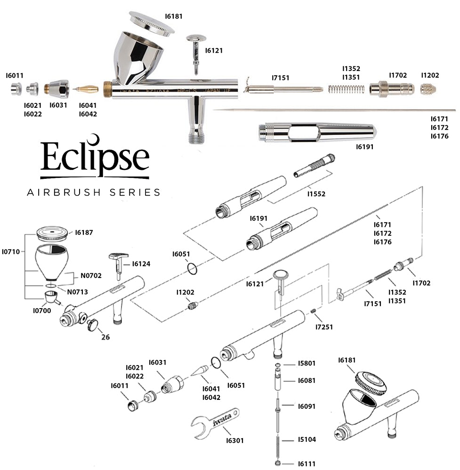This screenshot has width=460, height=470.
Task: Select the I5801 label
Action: point(307,364)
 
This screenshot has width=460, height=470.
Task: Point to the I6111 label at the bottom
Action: point(307,464)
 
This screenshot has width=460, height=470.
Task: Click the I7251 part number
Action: point(324,327)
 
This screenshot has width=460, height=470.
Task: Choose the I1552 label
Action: point(316,193)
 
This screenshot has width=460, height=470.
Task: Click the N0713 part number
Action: point(78,292)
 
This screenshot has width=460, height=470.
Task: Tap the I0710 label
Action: point(11,252)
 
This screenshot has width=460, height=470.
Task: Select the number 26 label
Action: point(105,337)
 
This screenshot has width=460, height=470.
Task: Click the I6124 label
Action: point(141,264)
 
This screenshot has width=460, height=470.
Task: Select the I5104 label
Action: point(307,440)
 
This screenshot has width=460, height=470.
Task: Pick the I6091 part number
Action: point(307,406)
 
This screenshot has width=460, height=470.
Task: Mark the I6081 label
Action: point(307,381)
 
